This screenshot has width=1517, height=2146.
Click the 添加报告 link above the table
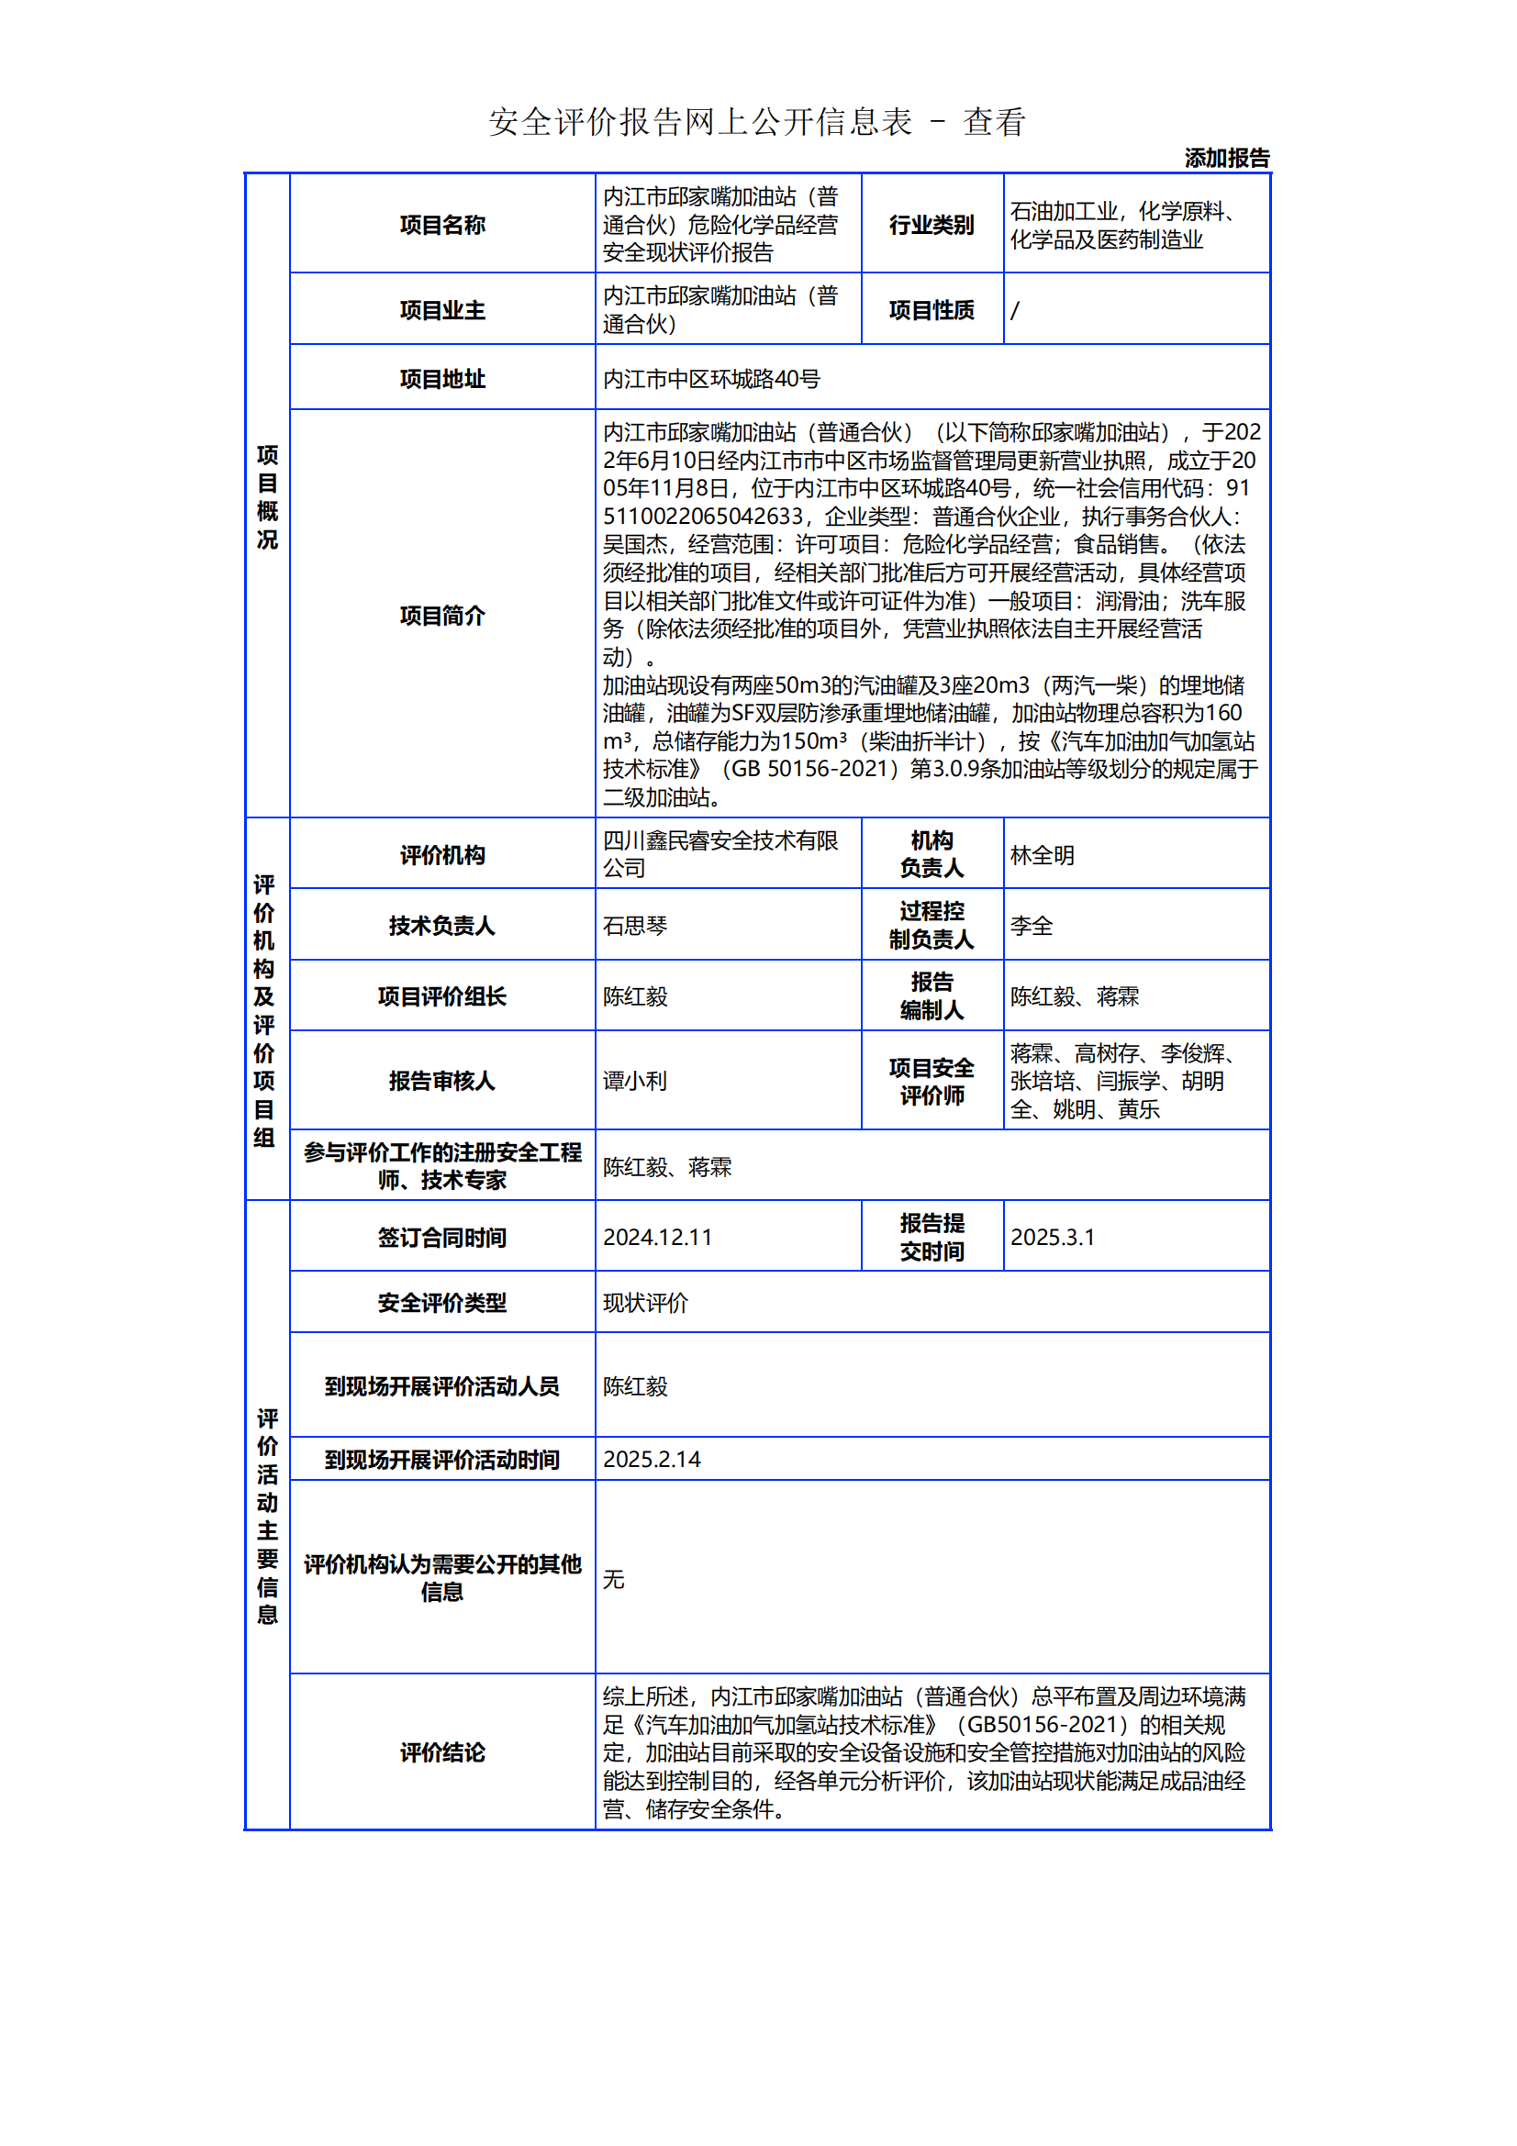coord(1226,158)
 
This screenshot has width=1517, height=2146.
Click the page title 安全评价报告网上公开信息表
coord(700,122)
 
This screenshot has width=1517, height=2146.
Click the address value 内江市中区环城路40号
coord(711,379)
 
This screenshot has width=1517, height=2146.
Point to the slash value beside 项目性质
coord(1015,309)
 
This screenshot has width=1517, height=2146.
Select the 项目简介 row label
coord(442,615)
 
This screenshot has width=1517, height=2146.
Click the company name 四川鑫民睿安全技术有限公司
coord(719,853)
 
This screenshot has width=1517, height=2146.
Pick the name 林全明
coord(1043,855)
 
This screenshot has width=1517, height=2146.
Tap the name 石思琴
coord(635,926)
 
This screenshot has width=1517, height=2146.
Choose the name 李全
coord(1031,926)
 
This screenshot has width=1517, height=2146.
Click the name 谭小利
coord(635,1081)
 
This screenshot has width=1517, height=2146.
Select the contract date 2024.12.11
coord(657,1237)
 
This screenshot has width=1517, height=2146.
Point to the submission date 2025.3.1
coord(1052,1237)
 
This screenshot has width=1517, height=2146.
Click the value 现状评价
coord(645,1302)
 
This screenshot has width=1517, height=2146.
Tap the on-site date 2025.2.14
coord(652,1459)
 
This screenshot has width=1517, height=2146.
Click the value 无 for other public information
coord(613,1579)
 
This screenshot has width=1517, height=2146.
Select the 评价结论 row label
coord(442,1751)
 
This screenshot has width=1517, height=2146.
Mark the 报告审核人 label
coord(442,1081)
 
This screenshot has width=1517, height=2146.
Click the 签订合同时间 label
coord(442,1237)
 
